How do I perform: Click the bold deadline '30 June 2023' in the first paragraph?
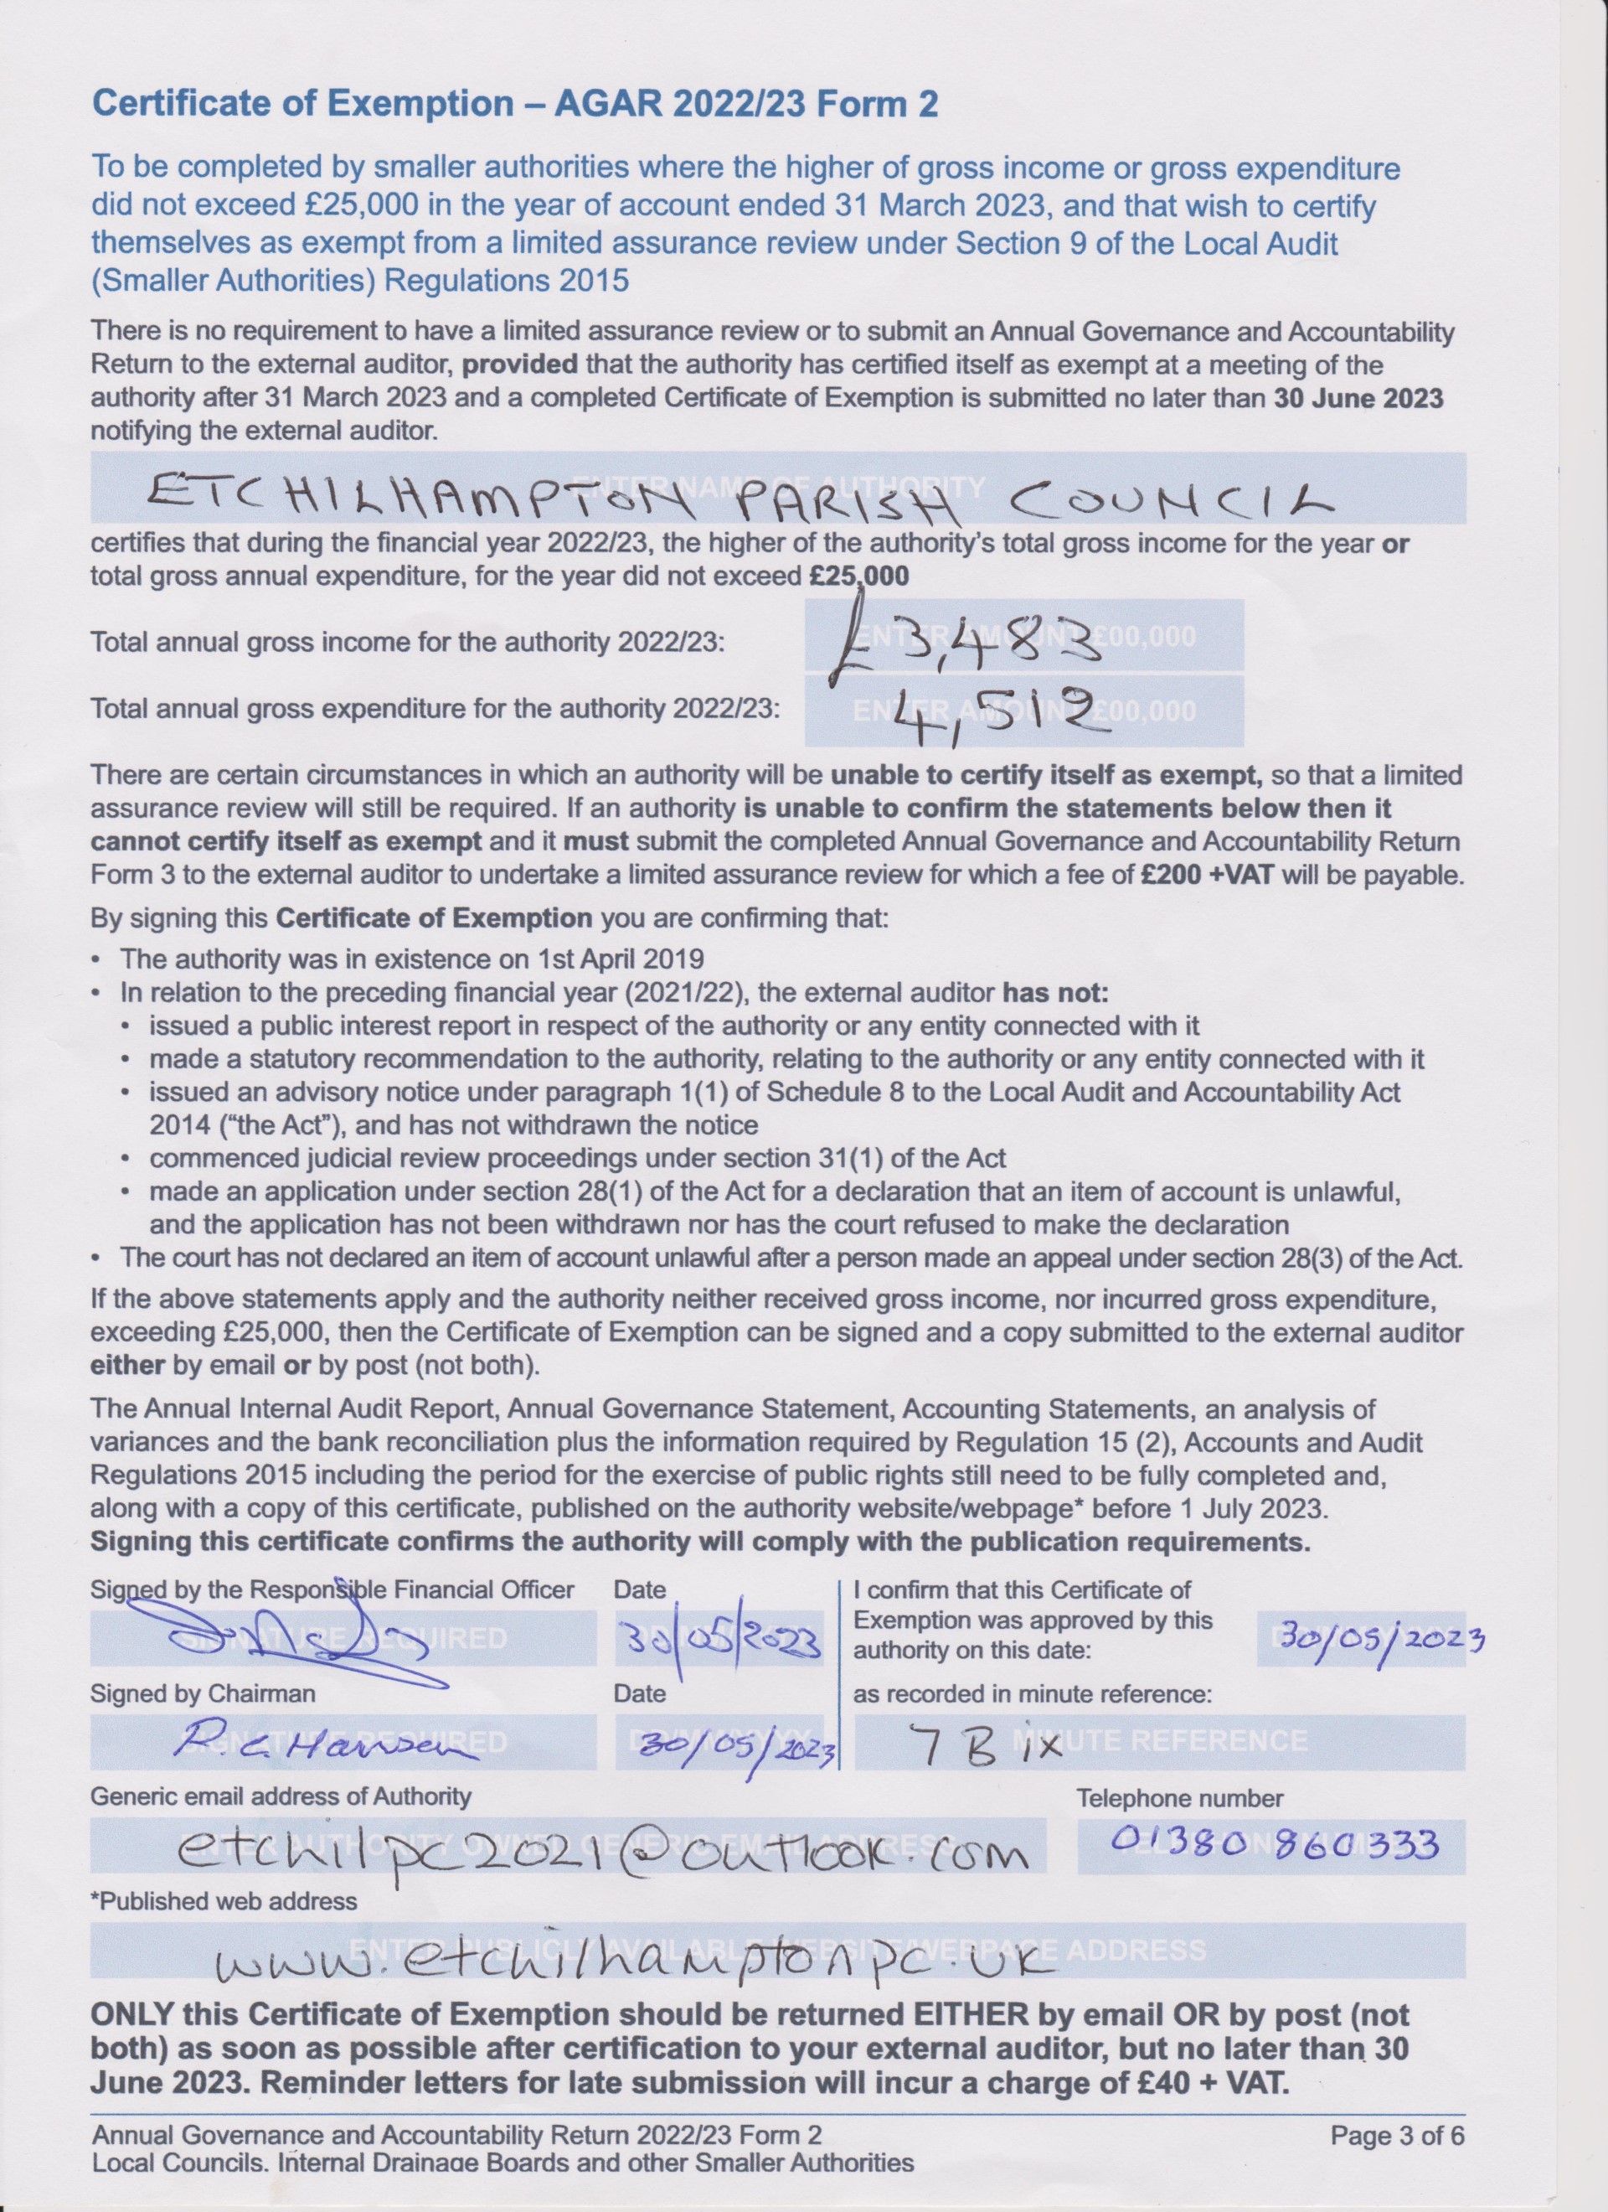coord(1358,398)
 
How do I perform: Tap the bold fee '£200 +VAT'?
coord(1207,874)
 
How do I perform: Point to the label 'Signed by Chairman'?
coord(203,1694)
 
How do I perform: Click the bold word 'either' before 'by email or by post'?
coord(126,1366)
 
